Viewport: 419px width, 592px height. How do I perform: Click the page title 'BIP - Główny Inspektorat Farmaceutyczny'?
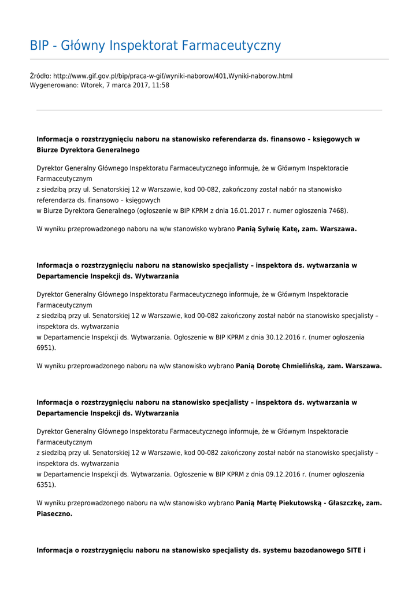tap(155, 46)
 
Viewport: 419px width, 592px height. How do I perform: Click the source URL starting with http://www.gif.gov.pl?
tap(173, 76)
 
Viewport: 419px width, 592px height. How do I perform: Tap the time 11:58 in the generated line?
tap(161, 85)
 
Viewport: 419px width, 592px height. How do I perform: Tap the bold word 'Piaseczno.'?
tap(54, 513)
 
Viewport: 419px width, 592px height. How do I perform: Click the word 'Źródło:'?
tap(40, 76)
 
